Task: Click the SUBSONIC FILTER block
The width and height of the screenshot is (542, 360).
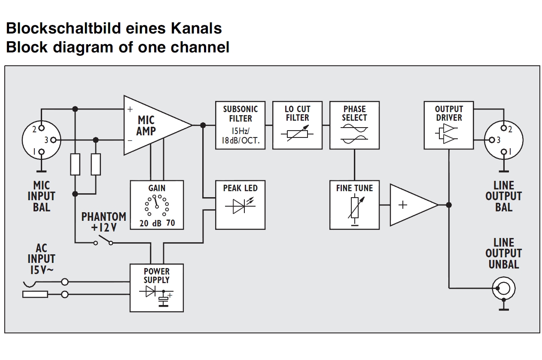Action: tap(240, 125)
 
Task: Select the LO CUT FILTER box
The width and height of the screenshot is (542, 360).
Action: tap(297, 125)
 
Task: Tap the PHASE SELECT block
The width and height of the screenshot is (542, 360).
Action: tap(354, 125)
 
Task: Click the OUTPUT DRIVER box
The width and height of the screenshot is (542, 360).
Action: tap(448, 125)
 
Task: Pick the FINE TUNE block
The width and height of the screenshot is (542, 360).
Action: tap(354, 205)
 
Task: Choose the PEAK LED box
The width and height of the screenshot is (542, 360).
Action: tap(240, 205)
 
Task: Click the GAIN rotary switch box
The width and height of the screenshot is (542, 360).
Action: tap(157, 205)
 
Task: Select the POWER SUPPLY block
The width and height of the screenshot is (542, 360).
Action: tap(157, 287)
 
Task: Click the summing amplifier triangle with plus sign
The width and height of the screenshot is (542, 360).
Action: tap(410, 205)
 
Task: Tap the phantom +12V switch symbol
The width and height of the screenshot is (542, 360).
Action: tap(103, 241)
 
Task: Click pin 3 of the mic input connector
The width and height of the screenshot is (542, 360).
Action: tap(53, 140)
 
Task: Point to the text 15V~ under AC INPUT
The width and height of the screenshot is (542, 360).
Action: tap(41, 270)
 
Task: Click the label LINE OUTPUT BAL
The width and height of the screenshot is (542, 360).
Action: tap(503, 196)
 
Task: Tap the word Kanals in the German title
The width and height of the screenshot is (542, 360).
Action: tap(197, 29)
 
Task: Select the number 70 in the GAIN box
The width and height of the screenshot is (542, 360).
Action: tap(170, 223)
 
